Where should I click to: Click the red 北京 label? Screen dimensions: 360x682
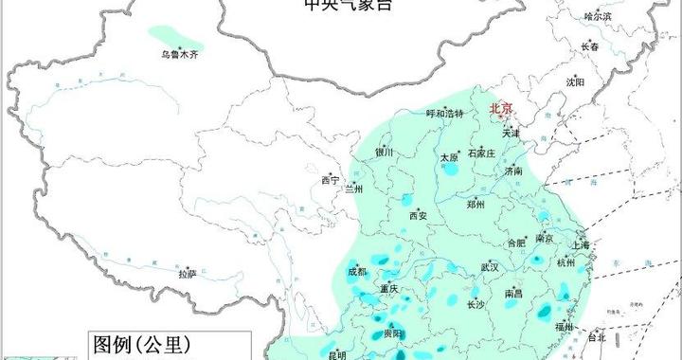pos(501,109)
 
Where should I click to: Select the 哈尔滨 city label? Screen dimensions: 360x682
pos(598,16)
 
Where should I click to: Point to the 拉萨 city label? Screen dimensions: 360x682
pos(188,274)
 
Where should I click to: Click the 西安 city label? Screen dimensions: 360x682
pos(418,215)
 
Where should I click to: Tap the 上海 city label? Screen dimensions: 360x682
pos(581,245)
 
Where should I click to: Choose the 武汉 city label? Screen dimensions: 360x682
pos(489,267)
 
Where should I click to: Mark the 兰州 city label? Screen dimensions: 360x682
pos(352,189)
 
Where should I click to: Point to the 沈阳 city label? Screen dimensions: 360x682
pos(574,82)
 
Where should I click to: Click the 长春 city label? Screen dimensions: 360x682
pos(589,46)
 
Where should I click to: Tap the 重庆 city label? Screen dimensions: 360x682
pos(388,288)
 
